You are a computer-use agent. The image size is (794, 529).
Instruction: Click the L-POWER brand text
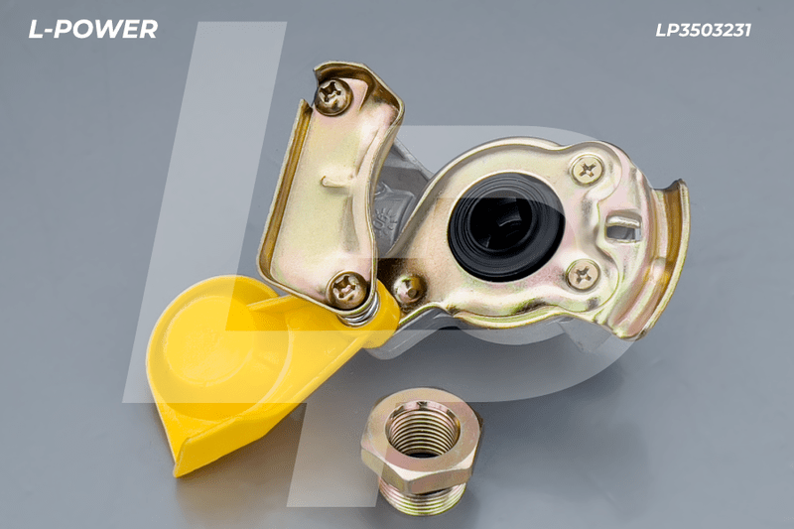click(92, 30)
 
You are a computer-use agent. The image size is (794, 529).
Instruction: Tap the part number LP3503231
click(703, 31)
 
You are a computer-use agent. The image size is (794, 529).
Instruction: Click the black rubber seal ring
click(506, 227)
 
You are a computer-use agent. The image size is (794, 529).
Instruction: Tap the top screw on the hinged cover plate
click(333, 95)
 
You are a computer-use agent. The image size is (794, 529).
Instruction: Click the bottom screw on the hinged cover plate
click(347, 289)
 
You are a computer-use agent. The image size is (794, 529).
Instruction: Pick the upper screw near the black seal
click(588, 170)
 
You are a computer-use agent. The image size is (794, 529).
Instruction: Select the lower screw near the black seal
click(583, 274)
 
